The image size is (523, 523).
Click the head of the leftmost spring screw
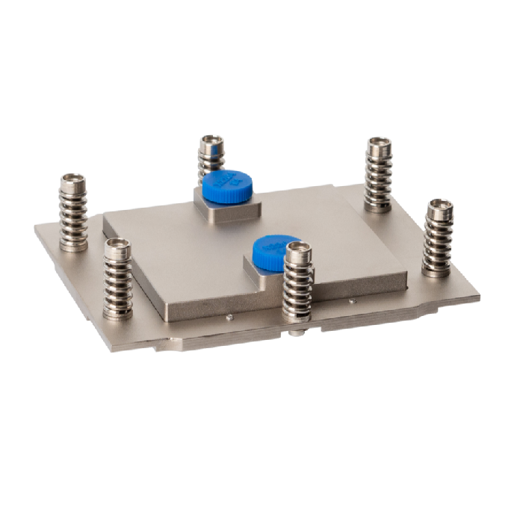coord(73,180)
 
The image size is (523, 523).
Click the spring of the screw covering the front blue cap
coord(298,288)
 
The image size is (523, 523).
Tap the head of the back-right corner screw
coord(379,144)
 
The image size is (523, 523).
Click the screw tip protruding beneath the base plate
coord(298,332)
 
